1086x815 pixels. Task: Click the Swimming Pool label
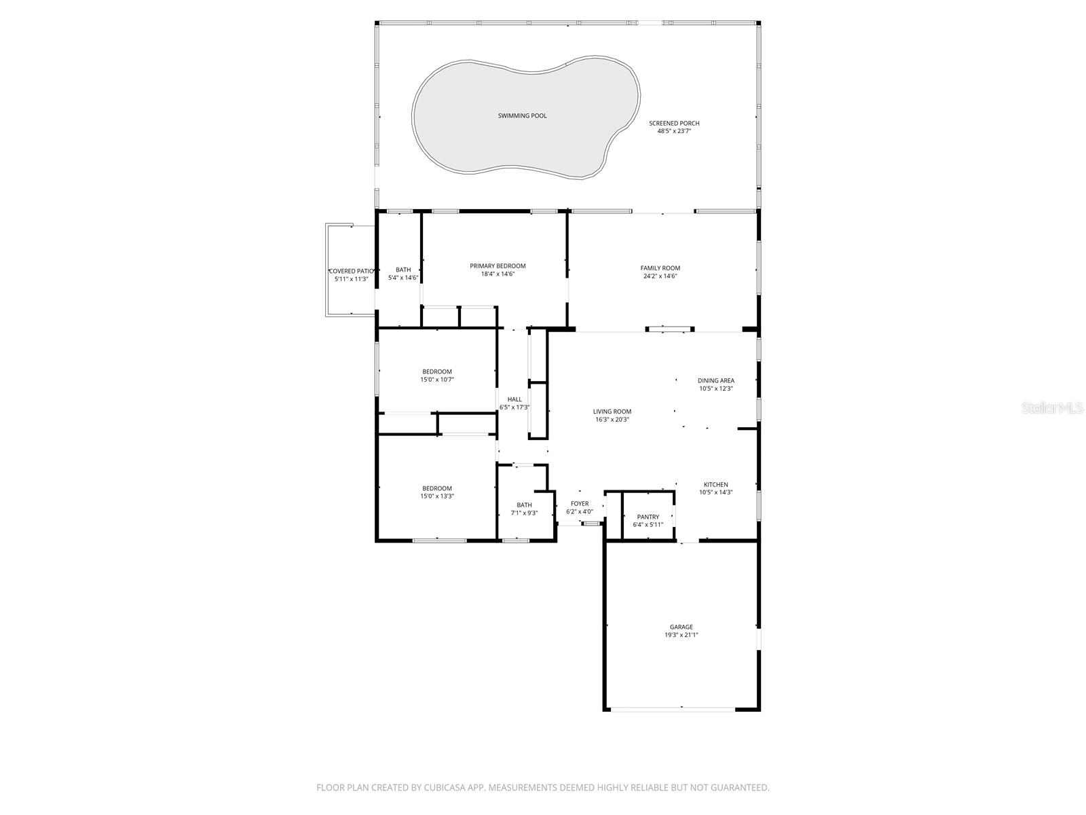pyautogui.click(x=522, y=115)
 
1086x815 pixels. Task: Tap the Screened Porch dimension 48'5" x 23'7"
pyautogui.click(x=673, y=131)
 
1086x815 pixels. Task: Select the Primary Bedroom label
pyautogui.click(x=498, y=266)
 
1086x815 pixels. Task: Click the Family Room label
pyautogui.click(x=660, y=268)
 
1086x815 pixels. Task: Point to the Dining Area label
pyautogui.click(x=715, y=381)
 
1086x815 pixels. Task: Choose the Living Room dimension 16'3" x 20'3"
pyautogui.click(x=612, y=420)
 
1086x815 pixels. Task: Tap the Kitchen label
pyautogui.click(x=715, y=485)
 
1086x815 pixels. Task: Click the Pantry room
pyautogui.click(x=648, y=520)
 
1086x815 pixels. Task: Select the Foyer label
pyautogui.click(x=579, y=504)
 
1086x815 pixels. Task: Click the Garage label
pyautogui.click(x=681, y=627)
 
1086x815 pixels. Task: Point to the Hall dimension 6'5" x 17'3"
pyautogui.click(x=514, y=407)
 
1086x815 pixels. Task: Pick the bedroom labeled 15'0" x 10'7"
pyautogui.click(x=436, y=376)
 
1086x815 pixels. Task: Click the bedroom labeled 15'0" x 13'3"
pyautogui.click(x=436, y=492)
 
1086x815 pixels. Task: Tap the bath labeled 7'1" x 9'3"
pyautogui.click(x=524, y=509)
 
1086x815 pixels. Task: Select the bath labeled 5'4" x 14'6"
pyautogui.click(x=402, y=274)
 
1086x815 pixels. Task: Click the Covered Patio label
pyautogui.click(x=351, y=271)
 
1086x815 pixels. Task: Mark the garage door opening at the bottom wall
pyautogui.click(x=672, y=710)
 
